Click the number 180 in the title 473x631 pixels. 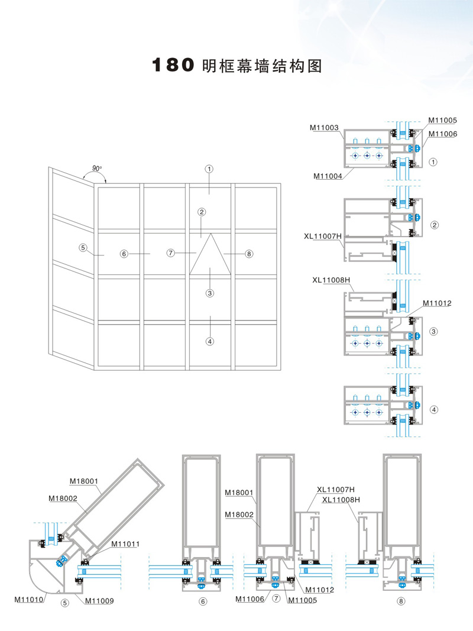click(174, 65)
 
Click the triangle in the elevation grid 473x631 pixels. click(210, 254)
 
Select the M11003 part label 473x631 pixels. click(324, 127)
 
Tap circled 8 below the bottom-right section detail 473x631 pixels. click(402, 601)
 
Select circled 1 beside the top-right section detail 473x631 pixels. click(433, 161)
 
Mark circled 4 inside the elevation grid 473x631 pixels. click(209, 341)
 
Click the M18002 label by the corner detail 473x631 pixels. click(63, 498)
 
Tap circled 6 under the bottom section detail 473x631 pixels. click(203, 601)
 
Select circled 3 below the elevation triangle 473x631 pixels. click(209, 292)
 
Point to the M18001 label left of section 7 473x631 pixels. click(239, 492)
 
